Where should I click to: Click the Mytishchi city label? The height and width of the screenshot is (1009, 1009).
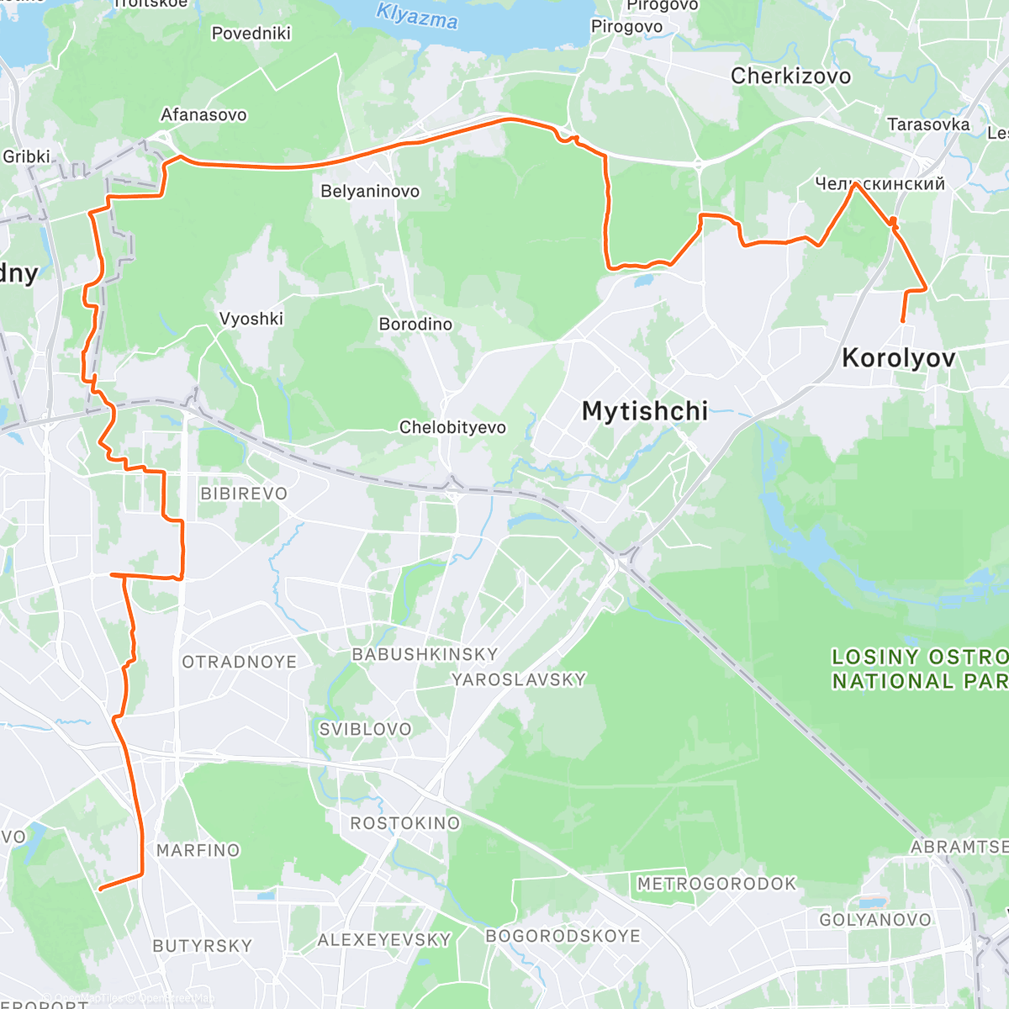(644, 411)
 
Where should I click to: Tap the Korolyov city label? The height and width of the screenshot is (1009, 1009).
(898, 358)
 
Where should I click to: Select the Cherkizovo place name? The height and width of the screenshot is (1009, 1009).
(790, 77)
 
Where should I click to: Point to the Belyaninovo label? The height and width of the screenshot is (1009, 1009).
(370, 192)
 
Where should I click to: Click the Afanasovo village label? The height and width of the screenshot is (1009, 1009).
(203, 115)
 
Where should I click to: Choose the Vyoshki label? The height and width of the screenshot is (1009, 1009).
(251, 319)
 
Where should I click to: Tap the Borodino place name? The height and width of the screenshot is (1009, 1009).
(415, 325)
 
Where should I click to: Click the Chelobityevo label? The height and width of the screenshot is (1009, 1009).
(452, 428)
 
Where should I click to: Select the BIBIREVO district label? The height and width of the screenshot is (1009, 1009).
(244, 494)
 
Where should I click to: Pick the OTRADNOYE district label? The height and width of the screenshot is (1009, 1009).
(240, 663)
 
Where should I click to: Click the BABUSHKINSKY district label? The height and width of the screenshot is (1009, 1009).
(425, 654)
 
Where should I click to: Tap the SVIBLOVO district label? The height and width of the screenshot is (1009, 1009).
(365, 730)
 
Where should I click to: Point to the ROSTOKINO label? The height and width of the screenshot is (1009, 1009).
(405, 823)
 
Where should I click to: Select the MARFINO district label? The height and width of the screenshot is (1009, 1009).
(198, 851)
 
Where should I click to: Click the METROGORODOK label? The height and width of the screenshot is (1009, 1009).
(716, 884)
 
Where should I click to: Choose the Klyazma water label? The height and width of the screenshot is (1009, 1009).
(417, 16)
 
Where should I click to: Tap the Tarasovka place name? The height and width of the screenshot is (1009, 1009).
(928, 125)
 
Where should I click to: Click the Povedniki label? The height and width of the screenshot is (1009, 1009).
(251, 34)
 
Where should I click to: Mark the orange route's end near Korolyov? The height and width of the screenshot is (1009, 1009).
(903, 321)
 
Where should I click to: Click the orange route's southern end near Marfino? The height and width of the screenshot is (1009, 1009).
(101, 888)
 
